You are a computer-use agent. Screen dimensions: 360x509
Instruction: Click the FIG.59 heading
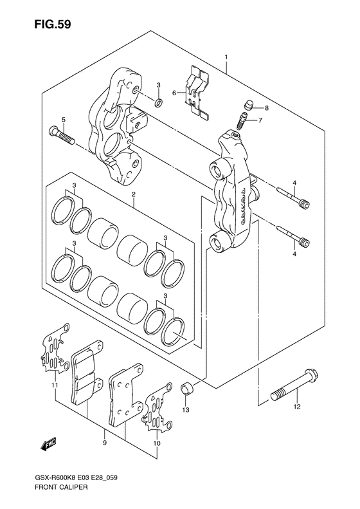[x=53, y=24]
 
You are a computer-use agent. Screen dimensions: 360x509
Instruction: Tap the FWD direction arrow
[x=49, y=445]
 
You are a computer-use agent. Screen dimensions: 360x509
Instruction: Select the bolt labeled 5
[x=62, y=136]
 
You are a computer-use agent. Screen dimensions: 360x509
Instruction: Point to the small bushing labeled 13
[x=186, y=389]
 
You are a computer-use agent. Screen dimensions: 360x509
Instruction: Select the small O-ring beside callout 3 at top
[x=159, y=103]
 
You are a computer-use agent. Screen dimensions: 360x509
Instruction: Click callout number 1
[x=226, y=57]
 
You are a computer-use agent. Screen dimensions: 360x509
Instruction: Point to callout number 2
[x=133, y=194]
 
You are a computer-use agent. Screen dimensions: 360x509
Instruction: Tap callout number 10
[x=157, y=443]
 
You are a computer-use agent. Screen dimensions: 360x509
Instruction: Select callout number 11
[x=55, y=385]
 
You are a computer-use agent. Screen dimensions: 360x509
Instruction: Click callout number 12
[x=298, y=407]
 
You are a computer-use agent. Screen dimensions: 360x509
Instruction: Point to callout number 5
[x=64, y=120]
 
